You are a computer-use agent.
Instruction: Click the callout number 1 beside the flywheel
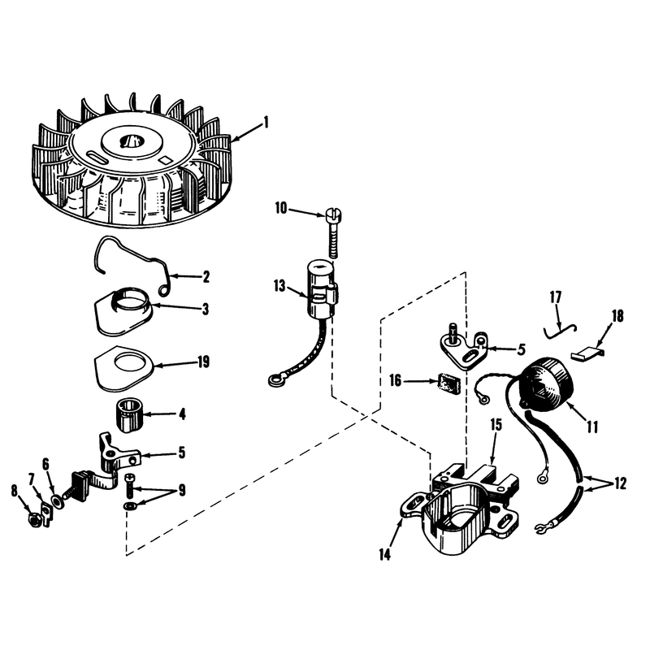(266, 123)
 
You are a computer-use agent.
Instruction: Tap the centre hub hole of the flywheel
(130, 141)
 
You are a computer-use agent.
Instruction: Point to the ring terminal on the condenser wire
(275, 379)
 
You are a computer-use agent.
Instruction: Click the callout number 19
(204, 362)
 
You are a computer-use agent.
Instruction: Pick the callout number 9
(182, 491)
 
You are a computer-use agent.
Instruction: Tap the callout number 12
(620, 483)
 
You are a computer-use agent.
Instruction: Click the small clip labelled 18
(587, 354)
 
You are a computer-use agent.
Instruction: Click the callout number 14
(384, 554)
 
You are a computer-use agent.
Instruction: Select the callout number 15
(496, 424)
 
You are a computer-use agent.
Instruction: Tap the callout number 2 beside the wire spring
(206, 276)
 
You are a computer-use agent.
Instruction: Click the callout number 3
(206, 309)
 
